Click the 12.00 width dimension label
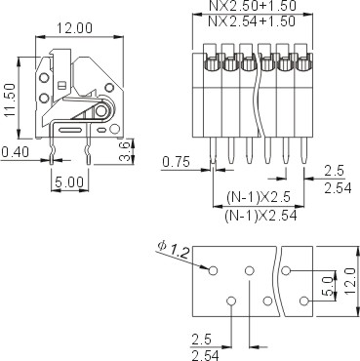click(x=75, y=28)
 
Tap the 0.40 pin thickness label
click(x=15, y=152)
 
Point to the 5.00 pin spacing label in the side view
click(x=69, y=182)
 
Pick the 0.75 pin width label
click(x=176, y=162)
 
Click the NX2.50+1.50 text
click(x=253, y=6)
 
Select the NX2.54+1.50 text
click(x=251, y=21)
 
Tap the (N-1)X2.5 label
click(x=259, y=197)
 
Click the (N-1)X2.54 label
click(x=260, y=216)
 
